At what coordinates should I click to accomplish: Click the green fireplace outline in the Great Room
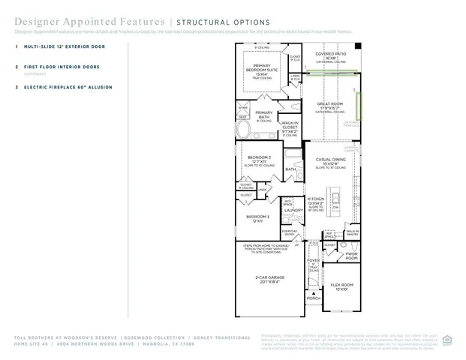(x=359, y=105)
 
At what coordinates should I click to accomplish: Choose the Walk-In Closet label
(x=290, y=128)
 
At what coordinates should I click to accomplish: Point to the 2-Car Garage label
(x=268, y=279)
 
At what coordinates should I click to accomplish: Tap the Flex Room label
(x=341, y=286)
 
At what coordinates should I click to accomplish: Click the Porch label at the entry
(x=313, y=298)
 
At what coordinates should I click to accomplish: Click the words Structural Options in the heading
(x=212, y=22)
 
